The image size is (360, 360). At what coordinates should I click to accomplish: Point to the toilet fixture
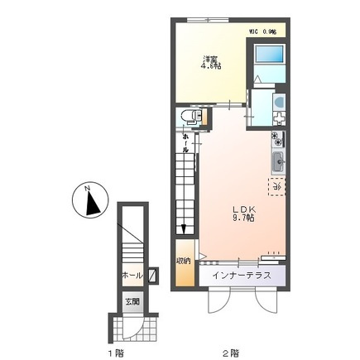[x=188, y=117]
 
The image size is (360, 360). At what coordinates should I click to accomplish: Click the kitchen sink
[x=276, y=161]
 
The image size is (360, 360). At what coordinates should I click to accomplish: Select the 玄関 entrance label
[x=132, y=301]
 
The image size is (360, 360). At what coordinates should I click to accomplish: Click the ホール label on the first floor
[x=130, y=274]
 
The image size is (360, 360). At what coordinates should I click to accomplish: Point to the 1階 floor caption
[x=114, y=353]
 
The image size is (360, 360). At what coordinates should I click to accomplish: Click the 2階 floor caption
[x=228, y=353]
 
